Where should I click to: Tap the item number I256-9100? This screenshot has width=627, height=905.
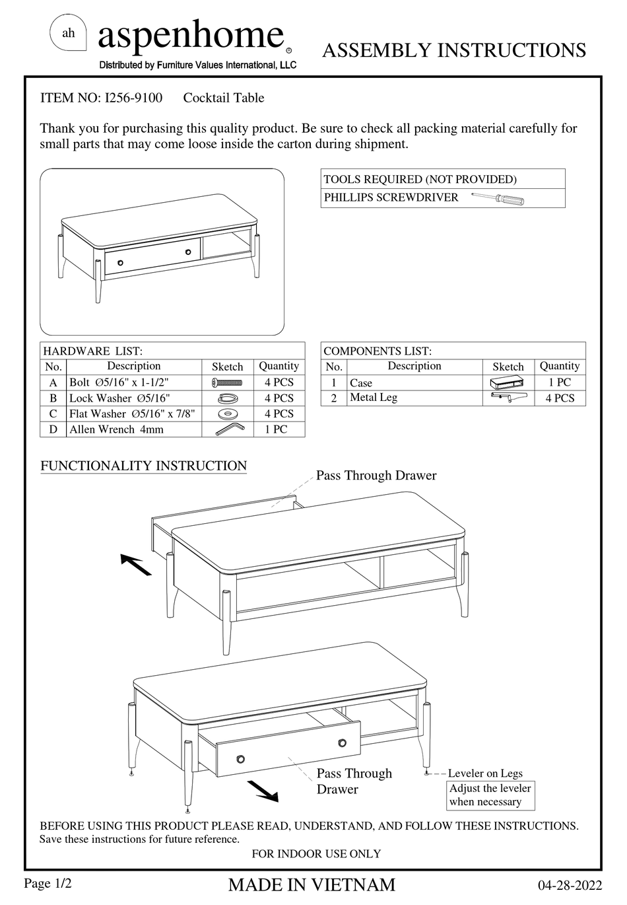coord(133,98)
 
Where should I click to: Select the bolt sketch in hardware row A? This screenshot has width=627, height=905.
coord(228,382)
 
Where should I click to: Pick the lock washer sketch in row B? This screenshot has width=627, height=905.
coord(228,398)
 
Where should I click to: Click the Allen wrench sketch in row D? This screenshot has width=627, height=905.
coord(228,429)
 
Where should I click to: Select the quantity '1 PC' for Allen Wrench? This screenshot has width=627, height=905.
coord(279,429)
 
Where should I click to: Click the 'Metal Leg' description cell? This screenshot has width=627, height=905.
coord(374,398)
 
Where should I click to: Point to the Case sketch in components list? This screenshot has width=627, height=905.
coord(507,383)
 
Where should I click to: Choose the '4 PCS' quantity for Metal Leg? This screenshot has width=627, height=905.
coord(560,398)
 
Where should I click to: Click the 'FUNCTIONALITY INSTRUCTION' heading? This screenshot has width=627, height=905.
coord(143,466)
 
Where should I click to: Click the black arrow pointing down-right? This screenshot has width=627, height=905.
coord(263,791)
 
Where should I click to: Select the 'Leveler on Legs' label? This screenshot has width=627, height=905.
coord(485,773)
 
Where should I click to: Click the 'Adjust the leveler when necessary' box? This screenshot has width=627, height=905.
coord(490,795)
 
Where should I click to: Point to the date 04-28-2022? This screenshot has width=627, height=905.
coord(570,885)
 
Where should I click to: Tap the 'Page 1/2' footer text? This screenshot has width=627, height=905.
coord(48,884)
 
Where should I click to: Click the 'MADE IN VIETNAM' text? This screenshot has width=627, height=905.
coord(312,885)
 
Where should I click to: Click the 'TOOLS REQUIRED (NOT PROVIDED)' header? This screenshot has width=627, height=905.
coord(420,179)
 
